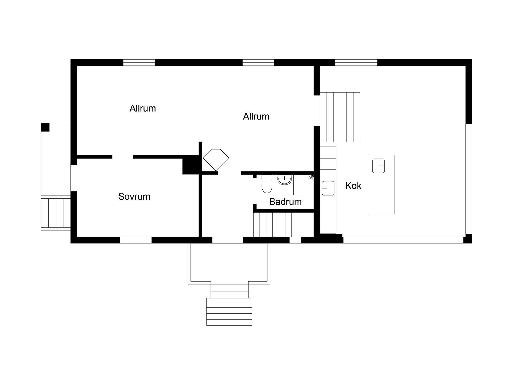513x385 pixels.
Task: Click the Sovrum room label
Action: click(134, 197)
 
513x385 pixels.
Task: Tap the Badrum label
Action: click(285, 202)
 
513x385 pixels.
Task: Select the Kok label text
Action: click(353, 186)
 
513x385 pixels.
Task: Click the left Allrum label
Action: click(143, 108)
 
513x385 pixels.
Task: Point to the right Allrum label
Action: click(256, 116)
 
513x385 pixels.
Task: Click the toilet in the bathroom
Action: click(267, 184)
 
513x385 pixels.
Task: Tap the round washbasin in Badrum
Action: click(285, 179)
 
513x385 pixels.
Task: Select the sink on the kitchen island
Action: click(378, 166)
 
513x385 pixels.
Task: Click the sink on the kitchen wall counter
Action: click(328, 188)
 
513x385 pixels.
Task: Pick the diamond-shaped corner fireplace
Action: click(216, 160)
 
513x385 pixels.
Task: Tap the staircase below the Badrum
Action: click(273, 225)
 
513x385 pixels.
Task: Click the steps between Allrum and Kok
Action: click(340, 117)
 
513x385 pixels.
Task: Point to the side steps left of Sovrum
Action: click(56, 213)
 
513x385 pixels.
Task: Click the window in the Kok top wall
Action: click(356, 63)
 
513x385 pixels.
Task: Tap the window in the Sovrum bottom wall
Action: click(136, 240)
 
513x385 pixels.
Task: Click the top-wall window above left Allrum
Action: click(139, 63)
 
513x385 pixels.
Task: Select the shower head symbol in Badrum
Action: click(312, 177)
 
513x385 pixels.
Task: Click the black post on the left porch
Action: click(45, 127)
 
